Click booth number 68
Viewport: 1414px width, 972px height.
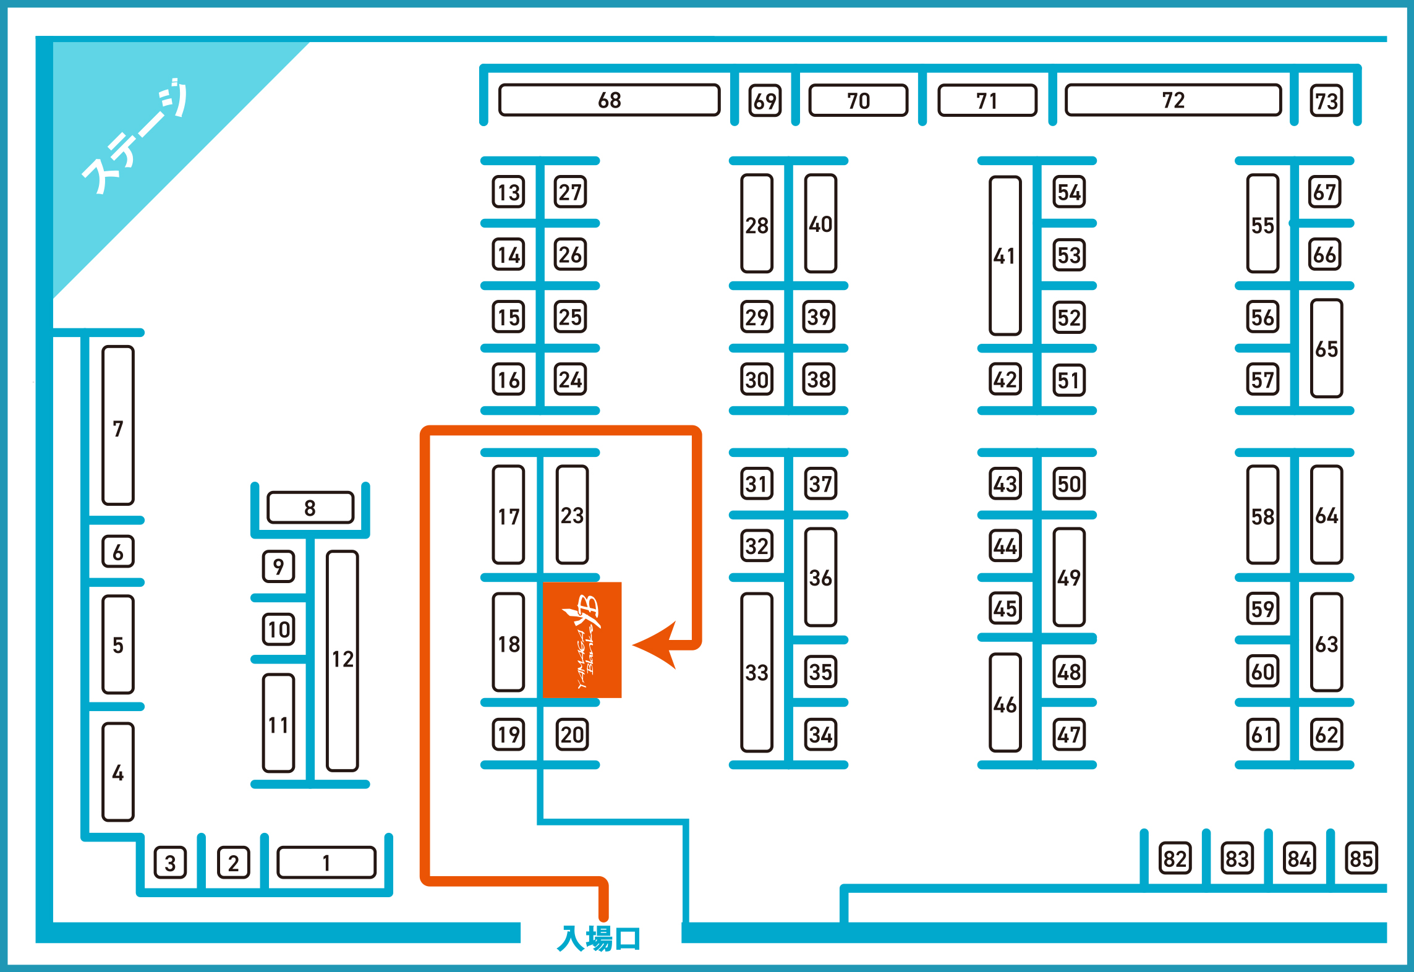609,100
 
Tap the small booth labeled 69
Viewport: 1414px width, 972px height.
765,101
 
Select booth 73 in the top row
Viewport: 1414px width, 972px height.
1326,101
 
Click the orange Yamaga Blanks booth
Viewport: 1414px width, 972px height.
582,640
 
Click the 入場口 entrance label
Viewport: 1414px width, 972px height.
598,939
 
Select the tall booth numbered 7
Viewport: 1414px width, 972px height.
118,426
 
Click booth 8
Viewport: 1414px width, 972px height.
310,508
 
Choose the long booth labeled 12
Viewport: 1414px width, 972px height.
343,660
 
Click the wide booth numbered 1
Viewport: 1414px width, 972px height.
326,863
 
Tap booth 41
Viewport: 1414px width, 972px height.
1005,255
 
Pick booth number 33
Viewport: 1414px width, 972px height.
757,672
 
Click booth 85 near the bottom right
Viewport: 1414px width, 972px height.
1361,858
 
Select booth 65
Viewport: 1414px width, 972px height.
1326,349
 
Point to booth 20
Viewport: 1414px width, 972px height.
572,735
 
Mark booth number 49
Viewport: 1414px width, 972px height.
1069,578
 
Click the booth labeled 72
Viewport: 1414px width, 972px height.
1173,100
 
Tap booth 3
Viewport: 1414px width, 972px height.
170,863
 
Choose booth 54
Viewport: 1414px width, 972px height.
1069,192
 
